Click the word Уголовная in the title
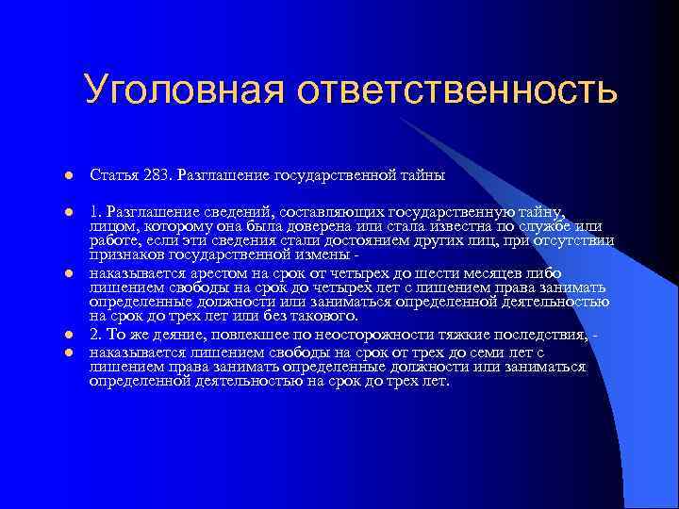(x=185, y=90)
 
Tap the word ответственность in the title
(x=458, y=90)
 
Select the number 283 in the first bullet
(x=157, y=175)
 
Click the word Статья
(x=113, y=175)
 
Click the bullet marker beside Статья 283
(x=68, y=176)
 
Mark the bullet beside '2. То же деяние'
(x=68, y=336)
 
